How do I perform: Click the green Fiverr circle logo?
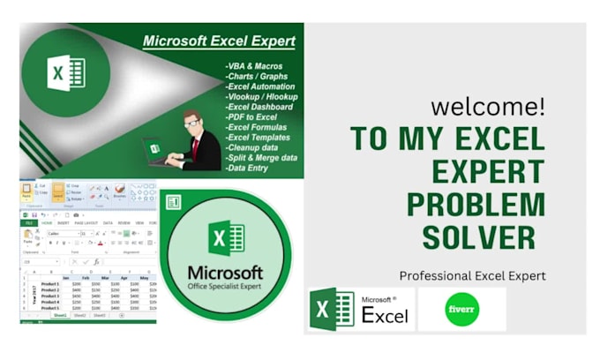tap(461, 310)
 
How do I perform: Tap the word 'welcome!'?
tap(487, 108)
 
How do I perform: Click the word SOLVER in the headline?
tap(477, 236)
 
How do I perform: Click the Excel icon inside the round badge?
tap(226, 237)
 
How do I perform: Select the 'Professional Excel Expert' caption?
tap(472, 276)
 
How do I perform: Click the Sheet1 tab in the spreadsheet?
tap(60, 315)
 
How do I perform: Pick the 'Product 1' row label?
tap(49, 284)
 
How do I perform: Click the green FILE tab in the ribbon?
tap(28, 223)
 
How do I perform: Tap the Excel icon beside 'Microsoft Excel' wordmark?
tap(332, 310)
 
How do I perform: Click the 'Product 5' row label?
tap(49, 308)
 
